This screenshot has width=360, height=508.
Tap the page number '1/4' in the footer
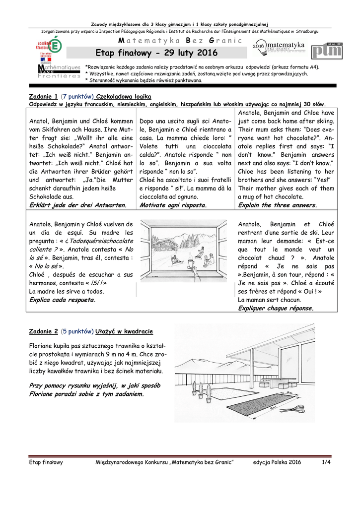point(326,462)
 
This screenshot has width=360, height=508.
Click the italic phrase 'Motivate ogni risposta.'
point(173,204)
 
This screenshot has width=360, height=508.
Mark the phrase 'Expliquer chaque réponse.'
point(276,308)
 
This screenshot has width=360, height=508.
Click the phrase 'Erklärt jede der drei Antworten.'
point(78,204)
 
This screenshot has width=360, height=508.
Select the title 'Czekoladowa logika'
point(124,96)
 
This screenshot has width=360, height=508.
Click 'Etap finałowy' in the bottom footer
point(46,462)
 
